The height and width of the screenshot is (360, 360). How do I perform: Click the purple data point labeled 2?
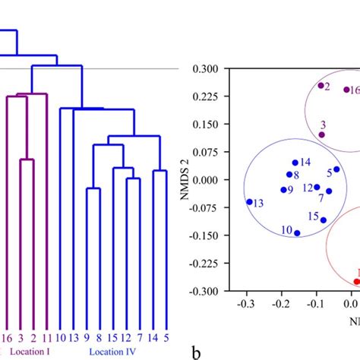point(321,85)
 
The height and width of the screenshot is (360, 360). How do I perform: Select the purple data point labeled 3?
point(321,134)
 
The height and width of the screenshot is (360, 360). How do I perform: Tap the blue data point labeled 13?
point(249,202)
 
